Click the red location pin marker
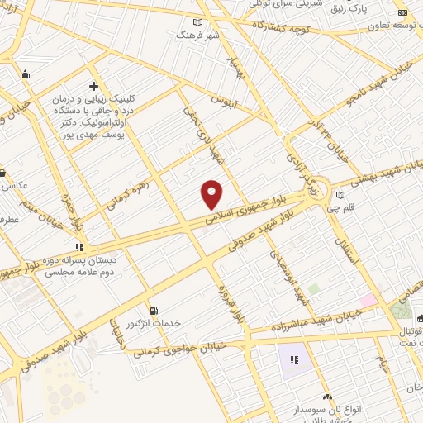coord(212,194)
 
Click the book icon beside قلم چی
coord(340,195)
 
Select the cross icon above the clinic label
coord(93,86)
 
